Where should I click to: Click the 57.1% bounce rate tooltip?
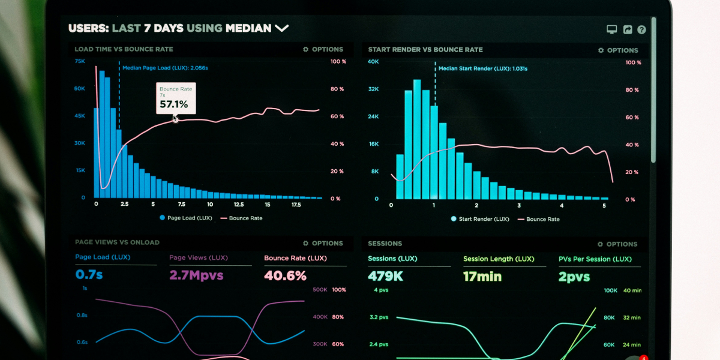(x=176, y=98)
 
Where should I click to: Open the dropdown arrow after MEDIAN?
(x=281, y=28)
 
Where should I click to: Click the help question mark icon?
(x=641, y=29)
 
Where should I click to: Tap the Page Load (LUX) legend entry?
(x=186, y=218)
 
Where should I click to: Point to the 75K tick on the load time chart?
(x=80, y=61)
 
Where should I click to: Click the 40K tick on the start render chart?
(x=373, y=62)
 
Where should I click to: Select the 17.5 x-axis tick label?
(x=296, y=205)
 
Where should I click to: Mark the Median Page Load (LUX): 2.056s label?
(x=165, y=68)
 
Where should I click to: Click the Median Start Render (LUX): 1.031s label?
(x=482, y=68)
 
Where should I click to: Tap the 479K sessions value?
(x=385, y=277)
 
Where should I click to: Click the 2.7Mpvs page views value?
(x=196, y=275)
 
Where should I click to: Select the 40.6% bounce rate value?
(x=285, y=275)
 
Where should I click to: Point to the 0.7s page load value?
(x=89, y=275)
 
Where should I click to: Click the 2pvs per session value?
(x=574, y=277)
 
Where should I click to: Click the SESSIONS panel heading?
(x=385, y=244)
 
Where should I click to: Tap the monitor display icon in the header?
(x=612, y=29)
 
